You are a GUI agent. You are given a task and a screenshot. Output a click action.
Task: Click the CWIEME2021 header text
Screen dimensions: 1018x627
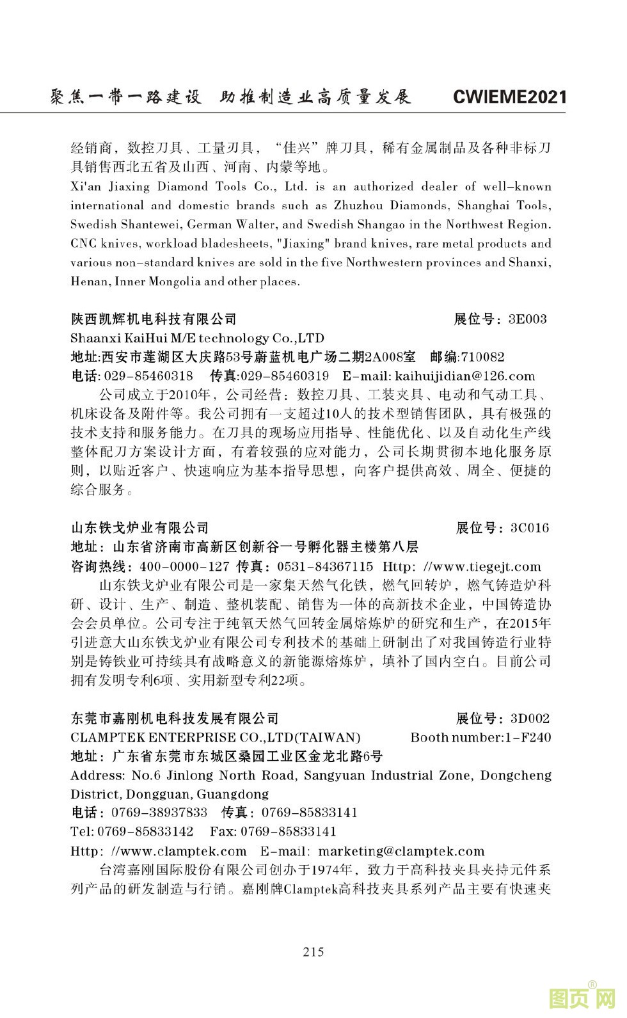click(x=509, y=97)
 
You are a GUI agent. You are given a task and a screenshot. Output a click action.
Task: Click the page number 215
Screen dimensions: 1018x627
click(x=313, y=951)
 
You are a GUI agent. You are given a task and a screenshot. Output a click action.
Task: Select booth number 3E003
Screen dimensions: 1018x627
click(x=527, y=319)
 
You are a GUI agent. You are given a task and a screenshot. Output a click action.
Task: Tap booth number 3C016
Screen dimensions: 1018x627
click(x=530, y=528)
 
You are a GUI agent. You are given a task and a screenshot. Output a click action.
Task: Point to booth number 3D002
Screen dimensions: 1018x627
click(x=530, y=719)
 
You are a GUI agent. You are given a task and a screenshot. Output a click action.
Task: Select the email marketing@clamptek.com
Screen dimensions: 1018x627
click(x=401, y=851)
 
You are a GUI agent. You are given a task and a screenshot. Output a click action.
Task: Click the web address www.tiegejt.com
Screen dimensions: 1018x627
click(x=488, y=566)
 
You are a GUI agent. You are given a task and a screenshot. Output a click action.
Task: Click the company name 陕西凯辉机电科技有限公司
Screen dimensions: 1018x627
click(x=154, y=319)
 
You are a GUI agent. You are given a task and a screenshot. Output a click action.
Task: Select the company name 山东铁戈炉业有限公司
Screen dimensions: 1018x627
click(x=140, y=528)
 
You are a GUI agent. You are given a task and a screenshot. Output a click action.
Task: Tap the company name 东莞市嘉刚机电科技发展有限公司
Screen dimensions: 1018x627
click(x=175, y=719)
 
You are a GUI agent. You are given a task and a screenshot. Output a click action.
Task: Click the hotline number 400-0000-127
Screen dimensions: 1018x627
click(x=184, y=566)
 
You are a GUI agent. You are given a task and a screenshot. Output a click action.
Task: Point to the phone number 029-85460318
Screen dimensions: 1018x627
click(x=148, y=376)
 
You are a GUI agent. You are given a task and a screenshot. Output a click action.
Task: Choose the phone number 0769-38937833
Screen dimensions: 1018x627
click(x=159, y=813)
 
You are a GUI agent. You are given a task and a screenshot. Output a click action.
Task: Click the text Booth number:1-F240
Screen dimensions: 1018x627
click(x=480, y=737)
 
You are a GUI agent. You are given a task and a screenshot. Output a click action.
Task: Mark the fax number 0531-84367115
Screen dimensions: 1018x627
click(x=325, y=566)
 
